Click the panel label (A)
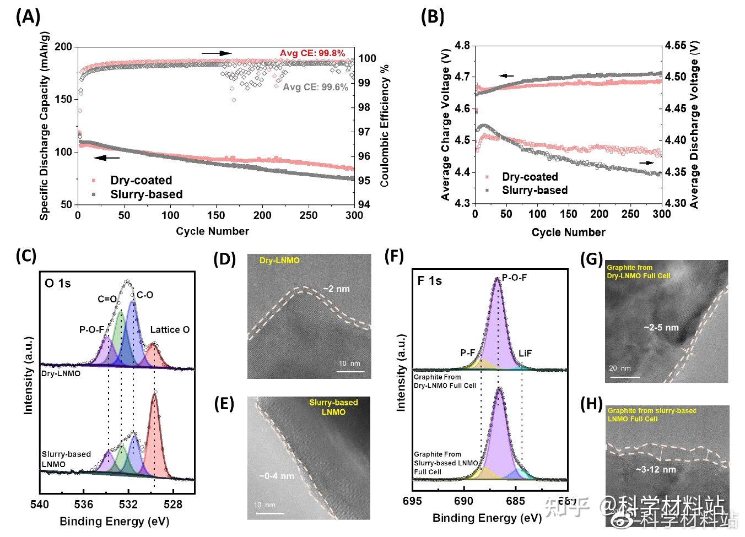click(x=28, y=17)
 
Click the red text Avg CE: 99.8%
click(x=312, y=53)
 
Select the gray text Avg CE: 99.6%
click(x=315, y=87)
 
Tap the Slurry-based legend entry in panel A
click(x=146, y=194)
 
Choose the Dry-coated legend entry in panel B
click(x=530, y=177)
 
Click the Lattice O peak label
click(x=170, y=329)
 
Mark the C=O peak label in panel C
click(x=107, y=299)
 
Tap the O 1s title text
click(x=58, y=284)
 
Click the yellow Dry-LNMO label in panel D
click(x=279, y=260)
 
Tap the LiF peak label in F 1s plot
click(x=525, y=353)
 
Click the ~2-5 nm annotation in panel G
click(x=661, y=328)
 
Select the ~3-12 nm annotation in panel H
click(x=656, y=470)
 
